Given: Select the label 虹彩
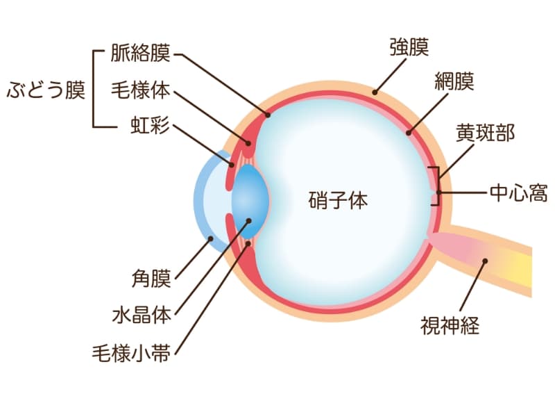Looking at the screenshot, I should click(x=150, y=127).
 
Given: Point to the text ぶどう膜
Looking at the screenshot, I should click(x=46, y=90).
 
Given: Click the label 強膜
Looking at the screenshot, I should click(x=409, y=47).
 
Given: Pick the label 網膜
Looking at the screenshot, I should click(x=454, y=81).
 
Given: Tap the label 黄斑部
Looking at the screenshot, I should click(x=485, y=133).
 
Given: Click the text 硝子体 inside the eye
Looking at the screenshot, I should click(x=338, y=202).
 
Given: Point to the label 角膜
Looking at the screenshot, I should click(x=151, y=279).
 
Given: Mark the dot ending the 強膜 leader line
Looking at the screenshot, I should click(x=375, y=90).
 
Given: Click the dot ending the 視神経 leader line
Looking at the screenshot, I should click(x=485, y=262).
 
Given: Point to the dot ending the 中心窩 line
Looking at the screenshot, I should click(x=438, y=192).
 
